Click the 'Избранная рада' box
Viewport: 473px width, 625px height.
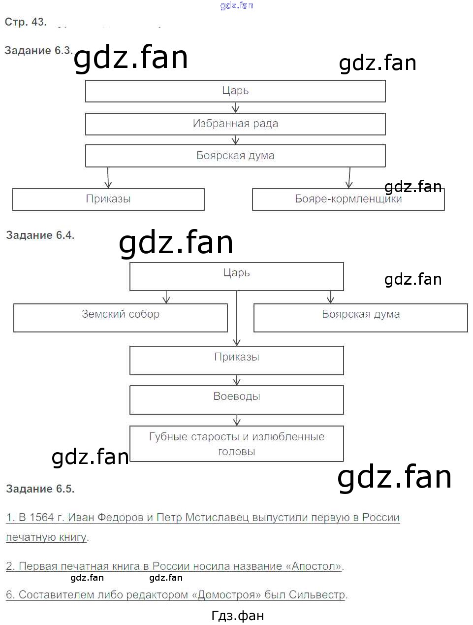[235, 124]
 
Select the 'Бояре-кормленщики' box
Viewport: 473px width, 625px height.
[348, 199]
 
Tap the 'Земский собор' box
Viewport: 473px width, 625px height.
[121, 317]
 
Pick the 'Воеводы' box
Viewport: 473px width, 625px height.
[236, 399]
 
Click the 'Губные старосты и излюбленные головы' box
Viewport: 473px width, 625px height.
[236, 444]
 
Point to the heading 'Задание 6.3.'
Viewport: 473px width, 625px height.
[38, 51]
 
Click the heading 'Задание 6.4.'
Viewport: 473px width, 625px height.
[40, 235]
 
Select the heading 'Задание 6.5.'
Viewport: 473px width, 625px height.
[40, 489]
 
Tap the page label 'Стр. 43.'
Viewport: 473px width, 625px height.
[25, 22]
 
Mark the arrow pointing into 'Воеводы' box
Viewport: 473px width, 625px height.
[237, 380]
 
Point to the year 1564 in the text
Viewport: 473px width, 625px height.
[41, 518]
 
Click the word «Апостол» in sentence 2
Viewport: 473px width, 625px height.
[316, 566]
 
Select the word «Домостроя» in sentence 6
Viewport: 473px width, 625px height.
[226, 595]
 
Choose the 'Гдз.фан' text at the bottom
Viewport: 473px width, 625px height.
[237, 616]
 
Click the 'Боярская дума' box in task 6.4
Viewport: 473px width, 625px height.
[360, 317]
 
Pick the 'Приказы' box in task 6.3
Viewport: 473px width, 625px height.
[108, 199]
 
